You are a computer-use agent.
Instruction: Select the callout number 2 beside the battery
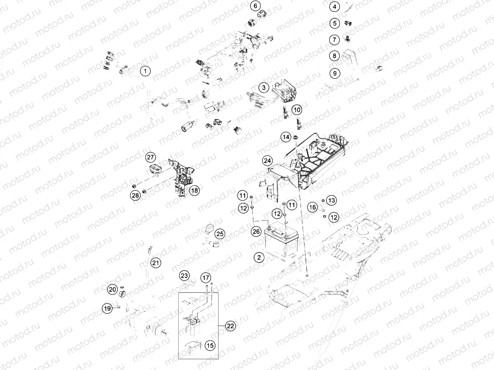coord(260,257)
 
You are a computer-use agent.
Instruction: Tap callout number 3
coord(263,87)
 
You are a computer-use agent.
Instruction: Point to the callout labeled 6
coord(255,6)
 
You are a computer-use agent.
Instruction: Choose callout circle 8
coord(334,56)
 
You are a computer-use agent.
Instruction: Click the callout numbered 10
coord(297,109)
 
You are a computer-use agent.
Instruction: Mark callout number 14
coord(286,137)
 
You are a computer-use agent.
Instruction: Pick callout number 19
coord(106,308)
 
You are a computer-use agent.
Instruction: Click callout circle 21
coord(155,263)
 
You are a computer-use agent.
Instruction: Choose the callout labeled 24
coord(267,160)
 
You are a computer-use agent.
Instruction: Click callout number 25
coord(220,234)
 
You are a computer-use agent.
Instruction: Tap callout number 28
coord(135,196)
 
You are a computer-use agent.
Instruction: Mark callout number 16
coord(312,206)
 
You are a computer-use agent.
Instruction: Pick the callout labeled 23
coord(184,276)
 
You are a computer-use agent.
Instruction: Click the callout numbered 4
coord(334,7)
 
